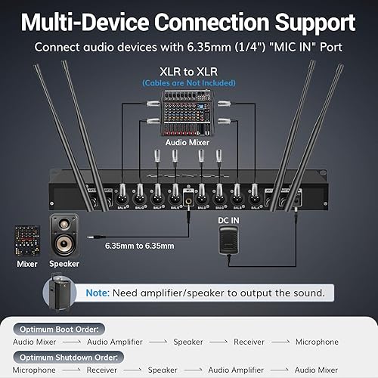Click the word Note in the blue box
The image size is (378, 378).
(x=98, y=292)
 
